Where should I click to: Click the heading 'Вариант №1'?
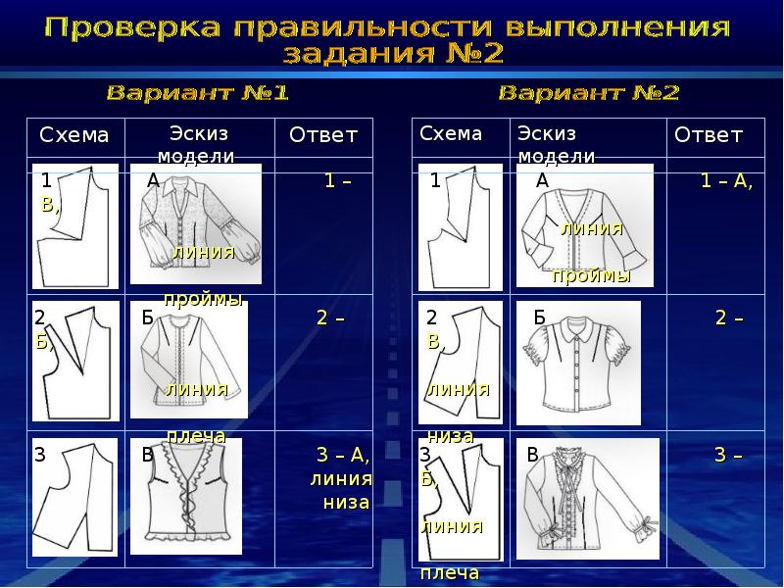[x=196, y=94]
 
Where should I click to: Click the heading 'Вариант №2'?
[x=588, y=94]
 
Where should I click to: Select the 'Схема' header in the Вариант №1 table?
[x=73, y=135]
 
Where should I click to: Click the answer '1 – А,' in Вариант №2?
[x=726, y=182]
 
